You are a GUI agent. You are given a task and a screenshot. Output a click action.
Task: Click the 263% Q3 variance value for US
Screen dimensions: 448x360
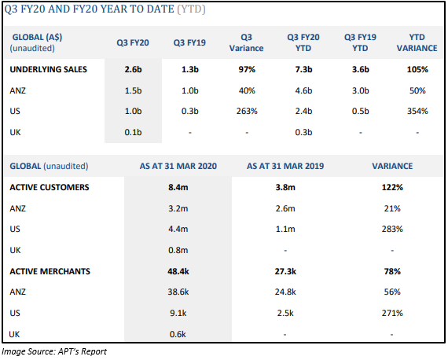[247, 111]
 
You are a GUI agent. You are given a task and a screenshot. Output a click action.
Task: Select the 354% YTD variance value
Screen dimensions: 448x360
[417, 111]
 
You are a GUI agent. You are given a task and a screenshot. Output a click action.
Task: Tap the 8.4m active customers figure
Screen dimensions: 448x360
[178, 187]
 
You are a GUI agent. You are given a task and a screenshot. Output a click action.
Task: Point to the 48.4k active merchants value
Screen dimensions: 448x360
[178, 271]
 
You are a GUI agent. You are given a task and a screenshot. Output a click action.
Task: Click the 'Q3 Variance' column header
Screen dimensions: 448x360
[246, 42]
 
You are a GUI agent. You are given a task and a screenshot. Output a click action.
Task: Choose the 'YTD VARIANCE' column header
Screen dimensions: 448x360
[417, 42]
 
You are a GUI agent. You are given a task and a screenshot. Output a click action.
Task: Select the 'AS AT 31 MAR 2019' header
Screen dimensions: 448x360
[285, 166]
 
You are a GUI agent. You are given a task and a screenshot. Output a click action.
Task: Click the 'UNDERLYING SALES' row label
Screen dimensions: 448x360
[48, 69]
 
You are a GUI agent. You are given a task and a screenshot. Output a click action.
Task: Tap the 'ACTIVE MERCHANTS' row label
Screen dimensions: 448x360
[50, 271]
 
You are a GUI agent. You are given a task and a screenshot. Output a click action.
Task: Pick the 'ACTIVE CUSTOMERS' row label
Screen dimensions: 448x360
[50, 187]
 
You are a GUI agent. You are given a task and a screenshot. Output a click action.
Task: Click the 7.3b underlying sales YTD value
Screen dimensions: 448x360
[303, 69]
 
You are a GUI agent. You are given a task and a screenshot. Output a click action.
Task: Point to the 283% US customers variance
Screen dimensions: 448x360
[392, 229]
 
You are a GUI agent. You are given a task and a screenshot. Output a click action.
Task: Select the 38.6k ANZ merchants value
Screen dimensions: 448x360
[178, 292]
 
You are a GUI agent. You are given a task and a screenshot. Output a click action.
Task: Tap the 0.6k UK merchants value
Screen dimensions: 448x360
[178, 334]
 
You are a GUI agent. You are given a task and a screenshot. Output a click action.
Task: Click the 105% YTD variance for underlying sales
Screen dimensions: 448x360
[417, 69]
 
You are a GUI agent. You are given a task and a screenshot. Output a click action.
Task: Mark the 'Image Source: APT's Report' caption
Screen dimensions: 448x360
[54, 351]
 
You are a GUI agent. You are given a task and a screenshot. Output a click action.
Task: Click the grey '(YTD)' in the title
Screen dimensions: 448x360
[191, 9]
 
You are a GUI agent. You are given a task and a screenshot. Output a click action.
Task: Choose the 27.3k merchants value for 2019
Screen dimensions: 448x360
[285, 271]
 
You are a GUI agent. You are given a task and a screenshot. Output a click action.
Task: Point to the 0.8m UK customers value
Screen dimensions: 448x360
[178, 250]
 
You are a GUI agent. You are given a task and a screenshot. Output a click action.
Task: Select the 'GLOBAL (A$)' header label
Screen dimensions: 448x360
[37, 37]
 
